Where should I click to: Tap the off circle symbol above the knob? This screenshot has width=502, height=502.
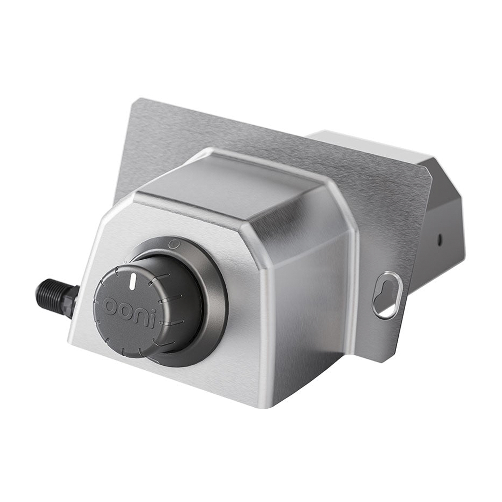(x=173, y=242)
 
